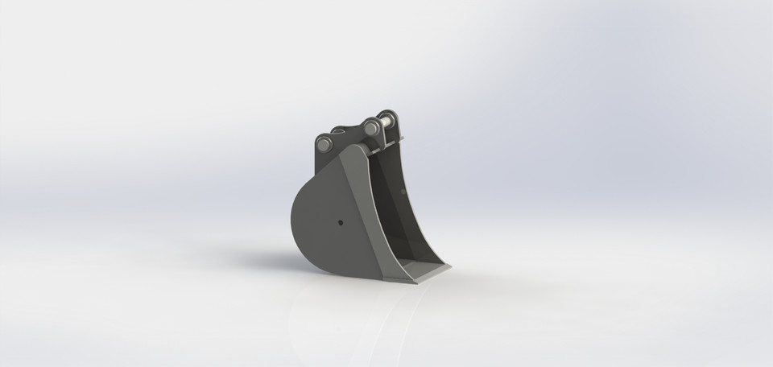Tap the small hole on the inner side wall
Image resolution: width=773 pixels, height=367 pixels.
(400, 192)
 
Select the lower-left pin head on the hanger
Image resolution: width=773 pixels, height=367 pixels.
(324, 144)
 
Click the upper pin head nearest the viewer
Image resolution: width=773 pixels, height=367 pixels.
(372, 126)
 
